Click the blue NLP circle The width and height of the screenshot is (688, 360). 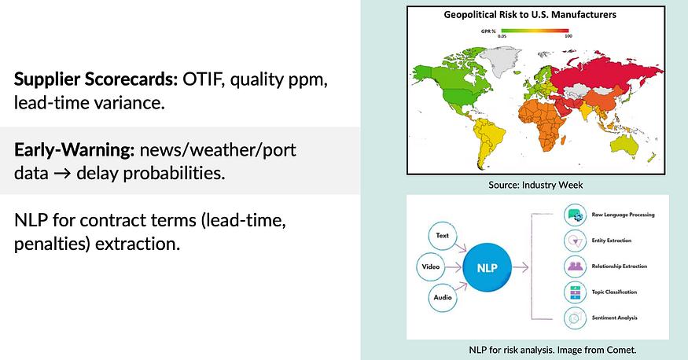(487, 267)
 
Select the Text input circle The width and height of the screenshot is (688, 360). (442, 236)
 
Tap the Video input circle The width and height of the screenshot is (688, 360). (430, 266)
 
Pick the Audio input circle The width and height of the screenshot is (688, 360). (442, 297)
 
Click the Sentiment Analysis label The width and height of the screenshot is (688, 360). (614, 318)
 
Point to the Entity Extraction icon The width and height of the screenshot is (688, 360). (576, 241)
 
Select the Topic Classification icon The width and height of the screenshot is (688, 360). (576, 292)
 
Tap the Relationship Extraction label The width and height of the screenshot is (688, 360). (619, 266)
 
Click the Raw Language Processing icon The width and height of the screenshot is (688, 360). (576, 215)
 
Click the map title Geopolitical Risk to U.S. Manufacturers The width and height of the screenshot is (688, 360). (530, 15)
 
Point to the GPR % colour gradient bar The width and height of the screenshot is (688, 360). (535, 31)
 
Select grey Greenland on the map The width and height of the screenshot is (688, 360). (500, 61)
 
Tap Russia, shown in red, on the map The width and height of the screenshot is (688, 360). (605, 75)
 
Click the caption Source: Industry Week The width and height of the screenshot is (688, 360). (535, 185)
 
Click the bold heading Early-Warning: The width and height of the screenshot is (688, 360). (74, 150)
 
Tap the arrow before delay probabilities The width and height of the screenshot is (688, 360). (62, 174)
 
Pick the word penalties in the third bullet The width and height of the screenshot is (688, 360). (52, 244)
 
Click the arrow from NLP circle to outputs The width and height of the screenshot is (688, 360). (521, 267)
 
